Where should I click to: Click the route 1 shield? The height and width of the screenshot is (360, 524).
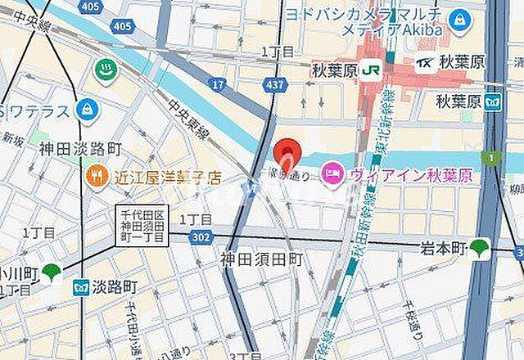pyautogui.click(x=490, y=156)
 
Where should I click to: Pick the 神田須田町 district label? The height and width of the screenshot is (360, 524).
pyautogui.click(x=261, y=259)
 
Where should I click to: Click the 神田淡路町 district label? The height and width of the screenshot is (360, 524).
pyautogui.click(x=79, y=149)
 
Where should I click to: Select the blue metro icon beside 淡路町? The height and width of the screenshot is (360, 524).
pyautogui.click(x=80, y=288)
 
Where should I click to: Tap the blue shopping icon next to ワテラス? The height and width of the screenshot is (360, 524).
pyautogui.click(x=84, y=108)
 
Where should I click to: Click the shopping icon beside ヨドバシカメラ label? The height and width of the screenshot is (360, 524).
pyautogui.click(x=459, y=18)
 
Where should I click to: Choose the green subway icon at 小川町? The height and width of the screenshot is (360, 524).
pyautogui.click(x=52, y=272)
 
